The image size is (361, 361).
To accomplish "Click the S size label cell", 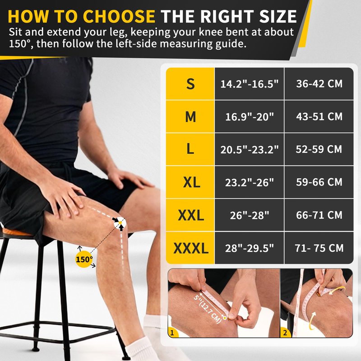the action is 190,83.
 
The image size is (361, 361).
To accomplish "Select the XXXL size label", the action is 191,248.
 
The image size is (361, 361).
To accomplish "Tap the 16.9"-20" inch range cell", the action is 250,116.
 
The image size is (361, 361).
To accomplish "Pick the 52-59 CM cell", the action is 319,149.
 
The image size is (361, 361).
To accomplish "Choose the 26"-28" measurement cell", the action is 250,215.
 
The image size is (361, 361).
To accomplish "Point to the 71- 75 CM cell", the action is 319,248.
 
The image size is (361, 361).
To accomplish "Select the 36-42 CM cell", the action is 319,83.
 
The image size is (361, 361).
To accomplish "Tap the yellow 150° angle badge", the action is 84,259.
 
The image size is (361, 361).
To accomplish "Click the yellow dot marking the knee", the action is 120,222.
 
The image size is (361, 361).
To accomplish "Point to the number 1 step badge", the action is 172,333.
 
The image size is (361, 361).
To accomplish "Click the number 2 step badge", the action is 285,333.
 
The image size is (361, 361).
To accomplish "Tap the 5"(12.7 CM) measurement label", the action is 207,308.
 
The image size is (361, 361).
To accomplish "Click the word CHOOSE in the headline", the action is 119,16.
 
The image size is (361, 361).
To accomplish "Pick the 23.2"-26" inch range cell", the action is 250,182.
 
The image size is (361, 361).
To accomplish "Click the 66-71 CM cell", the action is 319,215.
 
